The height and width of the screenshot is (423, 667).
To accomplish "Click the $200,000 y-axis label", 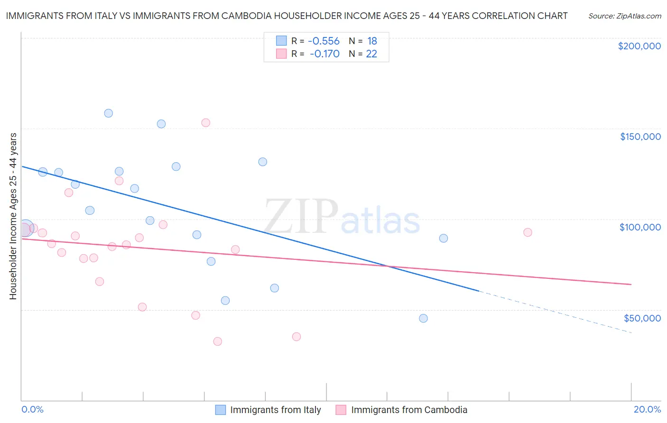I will [x=639, y=46].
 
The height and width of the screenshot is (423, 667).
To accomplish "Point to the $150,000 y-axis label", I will [x=640, y=137].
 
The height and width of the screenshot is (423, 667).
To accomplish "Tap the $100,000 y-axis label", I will [x=640, y=227].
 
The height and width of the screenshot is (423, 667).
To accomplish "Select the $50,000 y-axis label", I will [x=642, y=318].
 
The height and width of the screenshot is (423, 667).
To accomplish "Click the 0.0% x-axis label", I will [x=32, y=409].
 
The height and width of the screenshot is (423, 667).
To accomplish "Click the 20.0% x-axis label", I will [x=647, y=409].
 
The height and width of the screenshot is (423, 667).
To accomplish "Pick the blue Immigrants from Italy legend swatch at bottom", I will [x=221, y=410].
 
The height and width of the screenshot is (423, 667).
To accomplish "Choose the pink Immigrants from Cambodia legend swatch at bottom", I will [x=341, y=410].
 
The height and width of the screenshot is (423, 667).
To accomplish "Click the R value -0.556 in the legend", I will [x=324, y=41].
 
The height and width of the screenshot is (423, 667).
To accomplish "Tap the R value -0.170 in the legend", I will [x=324, y=54].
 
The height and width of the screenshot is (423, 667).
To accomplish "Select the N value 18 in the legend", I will [x=372, y=41].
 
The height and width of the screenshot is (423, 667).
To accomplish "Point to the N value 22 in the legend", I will [x=371, y=54].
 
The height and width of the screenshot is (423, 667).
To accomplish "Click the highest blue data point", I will [x=108, y=113].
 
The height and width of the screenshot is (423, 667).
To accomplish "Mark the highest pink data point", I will [x=205, y=123].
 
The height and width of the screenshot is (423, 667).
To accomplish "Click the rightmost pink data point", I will [x=528, y=232].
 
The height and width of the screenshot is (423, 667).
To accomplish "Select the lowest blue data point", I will [x=423, y=318].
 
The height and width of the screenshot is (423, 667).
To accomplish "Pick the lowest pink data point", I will [x=217, y=341].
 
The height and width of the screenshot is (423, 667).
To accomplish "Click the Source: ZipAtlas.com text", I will [x=624, y=16].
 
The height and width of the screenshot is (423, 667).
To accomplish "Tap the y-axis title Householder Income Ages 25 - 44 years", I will [x=13, y=216].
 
